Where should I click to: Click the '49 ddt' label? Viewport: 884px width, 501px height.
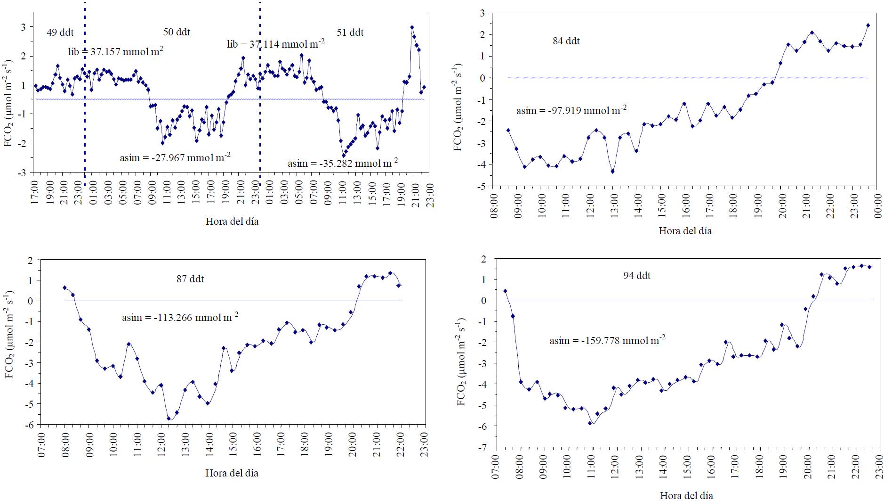(60, 33)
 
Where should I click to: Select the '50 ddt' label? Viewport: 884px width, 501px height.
(177, 32)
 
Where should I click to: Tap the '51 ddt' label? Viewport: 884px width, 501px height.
(350, 33)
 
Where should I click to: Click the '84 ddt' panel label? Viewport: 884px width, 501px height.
(566, 41)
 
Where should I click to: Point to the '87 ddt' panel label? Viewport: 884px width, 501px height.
(190, 279)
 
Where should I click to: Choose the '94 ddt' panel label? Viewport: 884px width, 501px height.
(637, 276)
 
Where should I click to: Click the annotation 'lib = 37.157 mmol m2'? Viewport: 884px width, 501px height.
(116, 51)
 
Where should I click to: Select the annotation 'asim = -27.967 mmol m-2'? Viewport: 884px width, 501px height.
(175, 157)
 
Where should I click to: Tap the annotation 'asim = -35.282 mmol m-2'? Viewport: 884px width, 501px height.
(343, 163)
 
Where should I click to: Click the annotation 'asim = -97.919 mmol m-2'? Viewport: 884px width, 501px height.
(571, 111)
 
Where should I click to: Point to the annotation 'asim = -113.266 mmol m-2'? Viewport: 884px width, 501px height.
(180, 317)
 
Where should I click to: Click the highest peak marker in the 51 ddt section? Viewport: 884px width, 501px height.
(412, 27)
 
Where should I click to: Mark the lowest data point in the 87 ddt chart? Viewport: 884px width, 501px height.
(169, 418)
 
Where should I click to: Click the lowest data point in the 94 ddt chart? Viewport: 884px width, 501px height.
(589, 423)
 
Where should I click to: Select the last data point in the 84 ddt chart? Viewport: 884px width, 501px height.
(868, 25)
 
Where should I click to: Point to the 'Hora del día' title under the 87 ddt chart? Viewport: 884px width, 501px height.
(232, 473)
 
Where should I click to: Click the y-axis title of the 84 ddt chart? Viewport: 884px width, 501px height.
(458, 107)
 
